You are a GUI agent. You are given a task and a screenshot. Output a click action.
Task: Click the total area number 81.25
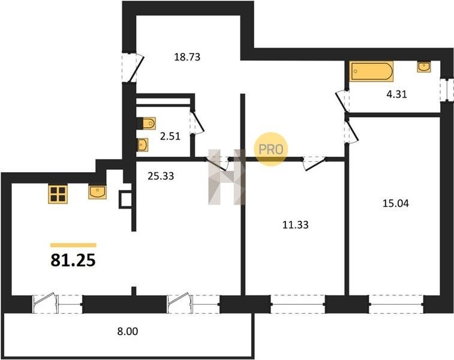73,260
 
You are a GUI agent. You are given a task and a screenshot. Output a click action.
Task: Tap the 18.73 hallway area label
187,57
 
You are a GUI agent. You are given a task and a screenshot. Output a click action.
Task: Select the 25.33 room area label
161,176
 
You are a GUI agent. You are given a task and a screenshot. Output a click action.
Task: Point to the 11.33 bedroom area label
295,224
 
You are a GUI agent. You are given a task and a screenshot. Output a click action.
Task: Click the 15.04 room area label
396,203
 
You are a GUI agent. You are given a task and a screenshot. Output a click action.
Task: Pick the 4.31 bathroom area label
396,94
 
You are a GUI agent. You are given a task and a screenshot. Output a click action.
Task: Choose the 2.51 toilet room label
170,136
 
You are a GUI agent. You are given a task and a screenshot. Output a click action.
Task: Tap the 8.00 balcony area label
128,331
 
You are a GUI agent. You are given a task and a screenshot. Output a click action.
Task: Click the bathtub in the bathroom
371,71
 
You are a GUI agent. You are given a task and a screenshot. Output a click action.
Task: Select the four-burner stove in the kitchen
58,194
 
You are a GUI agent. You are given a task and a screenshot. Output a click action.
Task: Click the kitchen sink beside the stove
97,193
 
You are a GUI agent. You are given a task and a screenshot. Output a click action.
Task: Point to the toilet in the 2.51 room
146,124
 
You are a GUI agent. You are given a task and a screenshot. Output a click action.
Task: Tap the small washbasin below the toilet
143,145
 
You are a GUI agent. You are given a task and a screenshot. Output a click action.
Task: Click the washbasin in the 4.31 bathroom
424,67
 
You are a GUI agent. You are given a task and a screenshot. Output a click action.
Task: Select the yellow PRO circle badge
270,149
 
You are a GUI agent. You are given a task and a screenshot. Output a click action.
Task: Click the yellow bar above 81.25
73,245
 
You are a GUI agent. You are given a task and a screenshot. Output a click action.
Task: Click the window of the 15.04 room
396,304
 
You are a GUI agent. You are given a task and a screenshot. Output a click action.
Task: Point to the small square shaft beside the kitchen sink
125,199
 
